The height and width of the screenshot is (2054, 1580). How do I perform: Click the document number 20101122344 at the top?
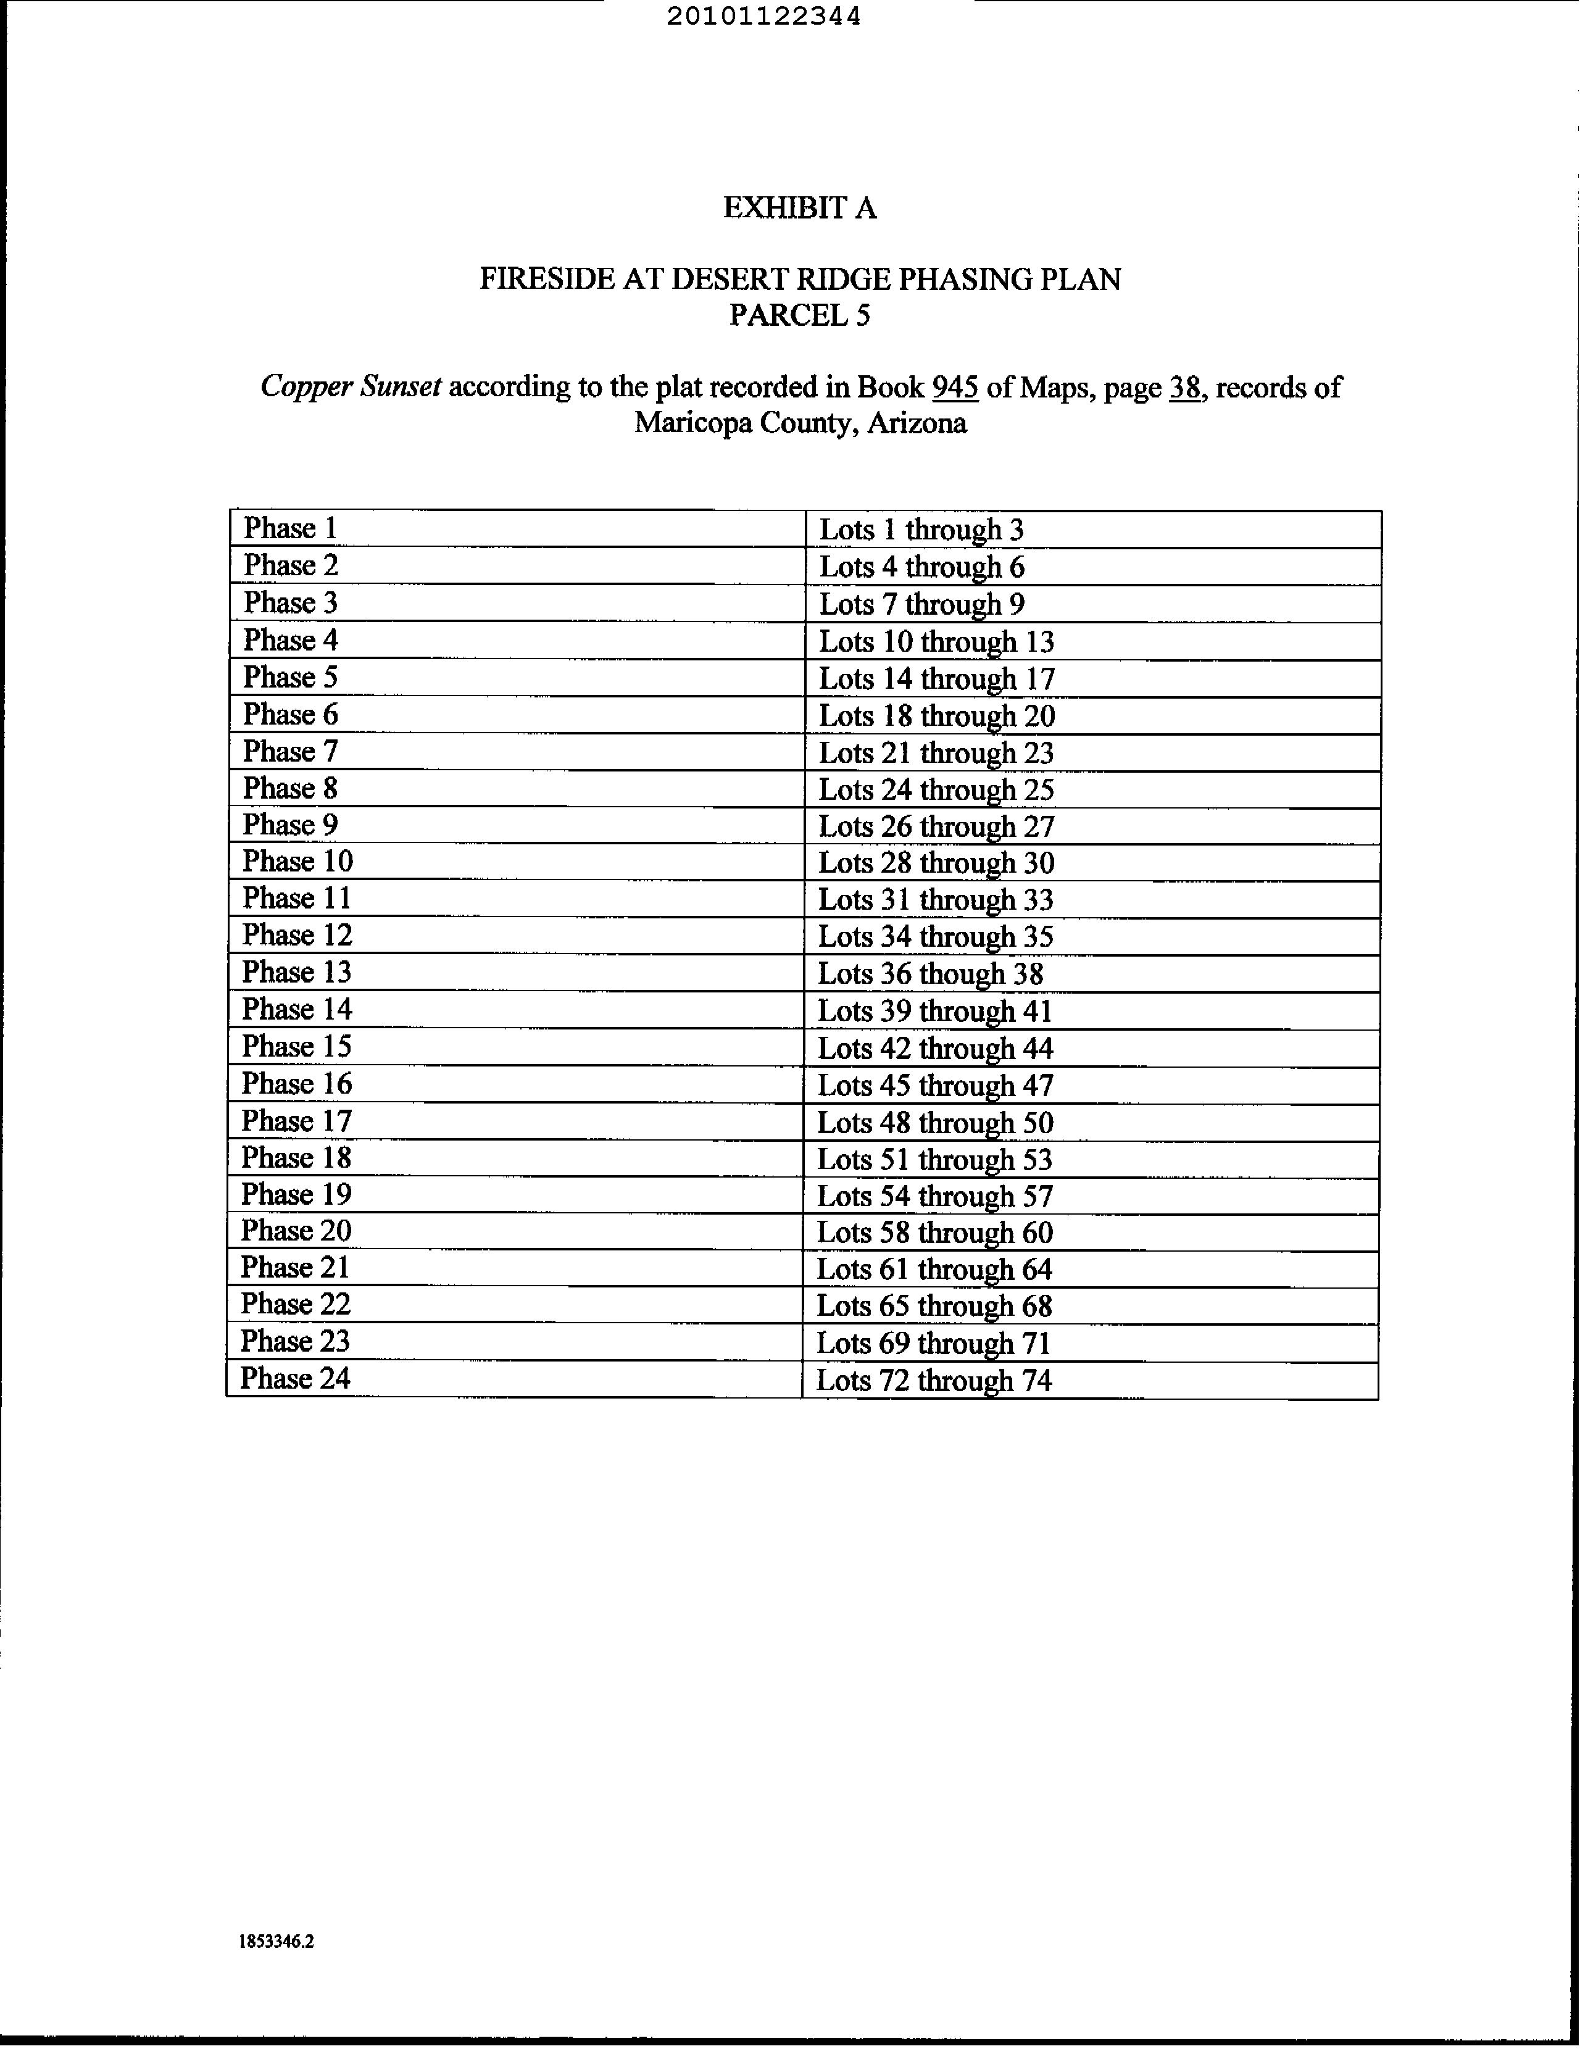[x=763, y=17]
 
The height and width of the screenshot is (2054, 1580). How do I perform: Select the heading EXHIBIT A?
[x=799, y=208]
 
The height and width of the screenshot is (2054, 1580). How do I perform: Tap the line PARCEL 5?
[x=799, y=315]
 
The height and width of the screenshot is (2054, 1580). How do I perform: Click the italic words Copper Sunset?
[x=351, y=386]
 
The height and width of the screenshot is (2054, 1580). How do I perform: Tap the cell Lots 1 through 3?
[x=921, y=530]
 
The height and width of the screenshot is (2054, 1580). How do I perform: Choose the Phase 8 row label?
[x=289, y=788]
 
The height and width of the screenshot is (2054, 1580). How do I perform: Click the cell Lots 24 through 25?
[x=936, y=790]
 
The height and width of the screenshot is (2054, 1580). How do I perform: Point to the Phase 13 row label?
[x=296, y=971]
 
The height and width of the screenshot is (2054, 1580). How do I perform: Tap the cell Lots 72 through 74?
[x=933, y=1381]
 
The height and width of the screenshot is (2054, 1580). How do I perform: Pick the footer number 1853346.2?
[x=276, y=1941]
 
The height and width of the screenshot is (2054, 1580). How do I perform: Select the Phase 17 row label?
[x=296, y=1121]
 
